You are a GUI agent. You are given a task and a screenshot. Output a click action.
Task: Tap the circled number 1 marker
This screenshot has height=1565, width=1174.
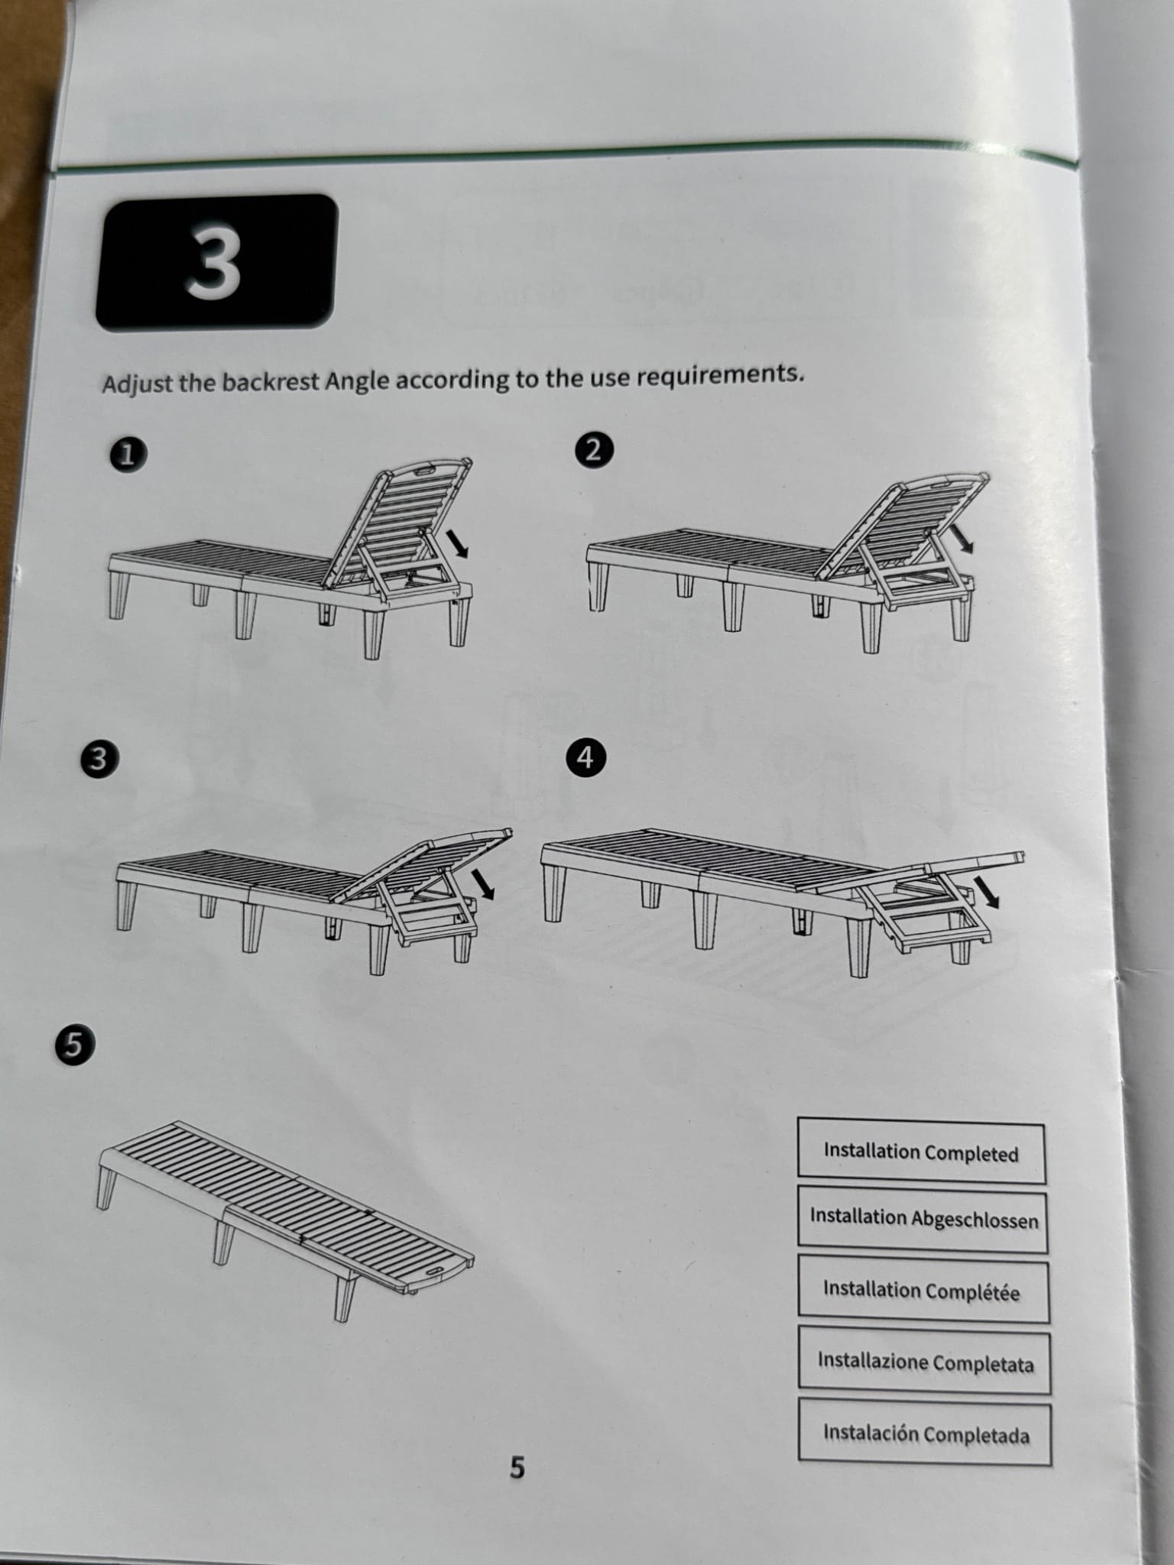tap(128, 455)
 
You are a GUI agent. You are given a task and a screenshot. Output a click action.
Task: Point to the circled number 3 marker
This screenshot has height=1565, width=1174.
tap(96, 761)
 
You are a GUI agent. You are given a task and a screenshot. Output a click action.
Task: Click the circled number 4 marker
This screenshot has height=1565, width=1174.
tap(585, 757)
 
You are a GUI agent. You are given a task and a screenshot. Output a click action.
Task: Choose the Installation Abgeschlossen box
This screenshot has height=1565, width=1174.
tap(923, 1220)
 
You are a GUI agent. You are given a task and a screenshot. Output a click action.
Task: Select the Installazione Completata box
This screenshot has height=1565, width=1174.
tap(925, 1362)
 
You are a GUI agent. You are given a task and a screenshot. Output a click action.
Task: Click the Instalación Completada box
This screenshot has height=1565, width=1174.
tap(926, 1434)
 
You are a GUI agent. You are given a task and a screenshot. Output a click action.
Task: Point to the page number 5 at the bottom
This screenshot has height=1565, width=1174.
tap(517, 1468)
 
